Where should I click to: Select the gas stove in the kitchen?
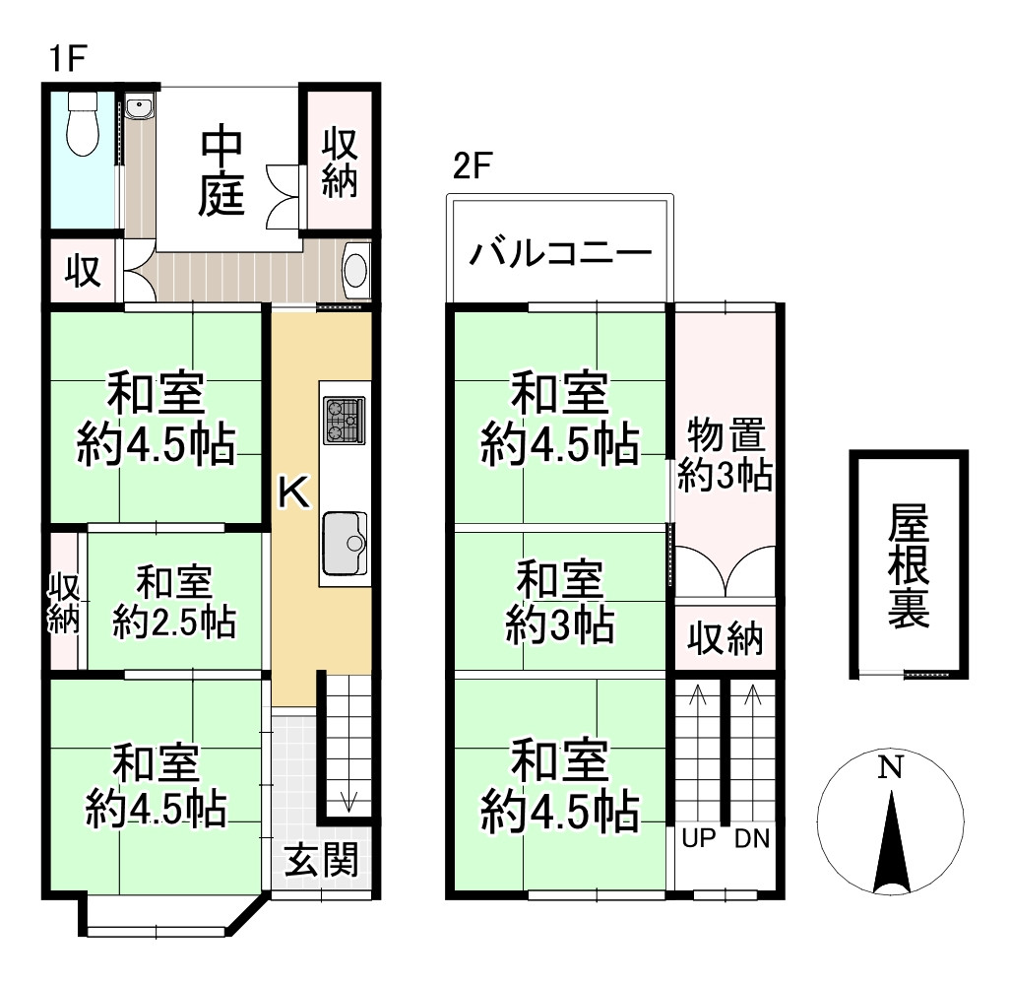pyautogui.click(x=344, y=421)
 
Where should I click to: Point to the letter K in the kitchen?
pyautogui.click(x=292, y=492)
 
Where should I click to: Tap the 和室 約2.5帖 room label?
pyautogui.click(x=173, y=602)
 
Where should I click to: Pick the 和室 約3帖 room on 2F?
pyautogui.click(x=560, y=600)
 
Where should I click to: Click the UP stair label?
pyautogui.click(x=698, y=839)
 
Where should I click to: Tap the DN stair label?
pyautogui.click(x=752, y=839)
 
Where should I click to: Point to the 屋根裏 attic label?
pyautogui.click(x=908, y=565)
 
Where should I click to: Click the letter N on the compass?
pyautogui.click(x=891, y=767)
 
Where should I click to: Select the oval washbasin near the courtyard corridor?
pyautogui.click(x=355, y=269)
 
